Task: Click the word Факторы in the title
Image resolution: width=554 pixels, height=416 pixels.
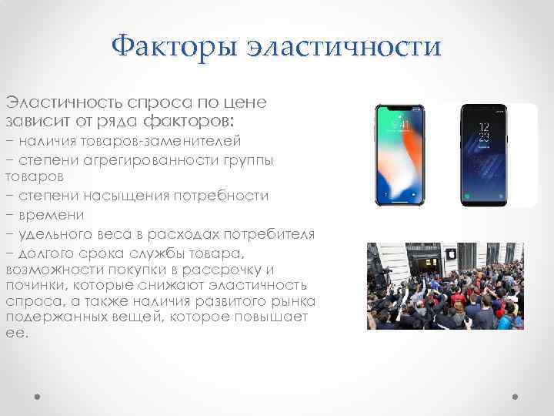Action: pos(174,49)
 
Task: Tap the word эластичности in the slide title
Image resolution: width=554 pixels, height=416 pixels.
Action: pos(345,49)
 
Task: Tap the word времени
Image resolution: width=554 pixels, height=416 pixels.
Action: pos(51,214)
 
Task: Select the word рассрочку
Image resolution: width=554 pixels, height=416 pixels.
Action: pos(219,270)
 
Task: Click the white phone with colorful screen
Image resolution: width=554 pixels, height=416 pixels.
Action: pos(400,155)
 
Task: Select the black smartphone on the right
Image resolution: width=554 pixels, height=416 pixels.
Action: pos(483,155)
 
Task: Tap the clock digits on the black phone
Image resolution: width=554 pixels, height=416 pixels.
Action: pos(483,130)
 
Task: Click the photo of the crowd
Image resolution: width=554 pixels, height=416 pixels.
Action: pos(445,286)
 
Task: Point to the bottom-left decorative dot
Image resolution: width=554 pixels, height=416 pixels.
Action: pos(38,398)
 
